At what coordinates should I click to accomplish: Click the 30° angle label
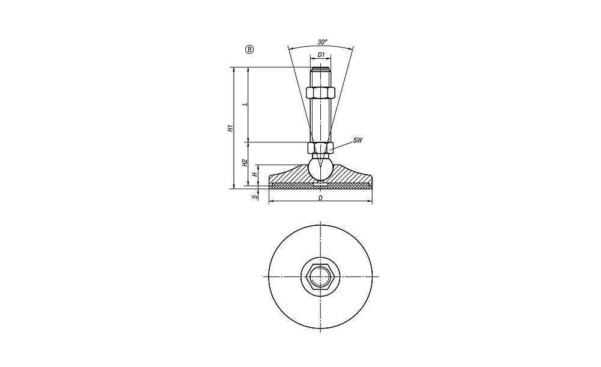(x=322, y=41)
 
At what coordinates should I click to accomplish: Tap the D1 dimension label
(x=321, y=55)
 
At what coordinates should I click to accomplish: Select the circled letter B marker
(x=249, y=49)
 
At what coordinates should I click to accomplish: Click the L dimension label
(x=247, y=104)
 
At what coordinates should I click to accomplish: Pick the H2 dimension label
(x=245, y=163)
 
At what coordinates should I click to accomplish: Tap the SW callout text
(x=357, y=140)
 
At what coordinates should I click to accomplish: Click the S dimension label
(x=254, y=197)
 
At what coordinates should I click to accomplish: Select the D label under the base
(x=320, y=198)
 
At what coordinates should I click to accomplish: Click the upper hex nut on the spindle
(x=321, y=93)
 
